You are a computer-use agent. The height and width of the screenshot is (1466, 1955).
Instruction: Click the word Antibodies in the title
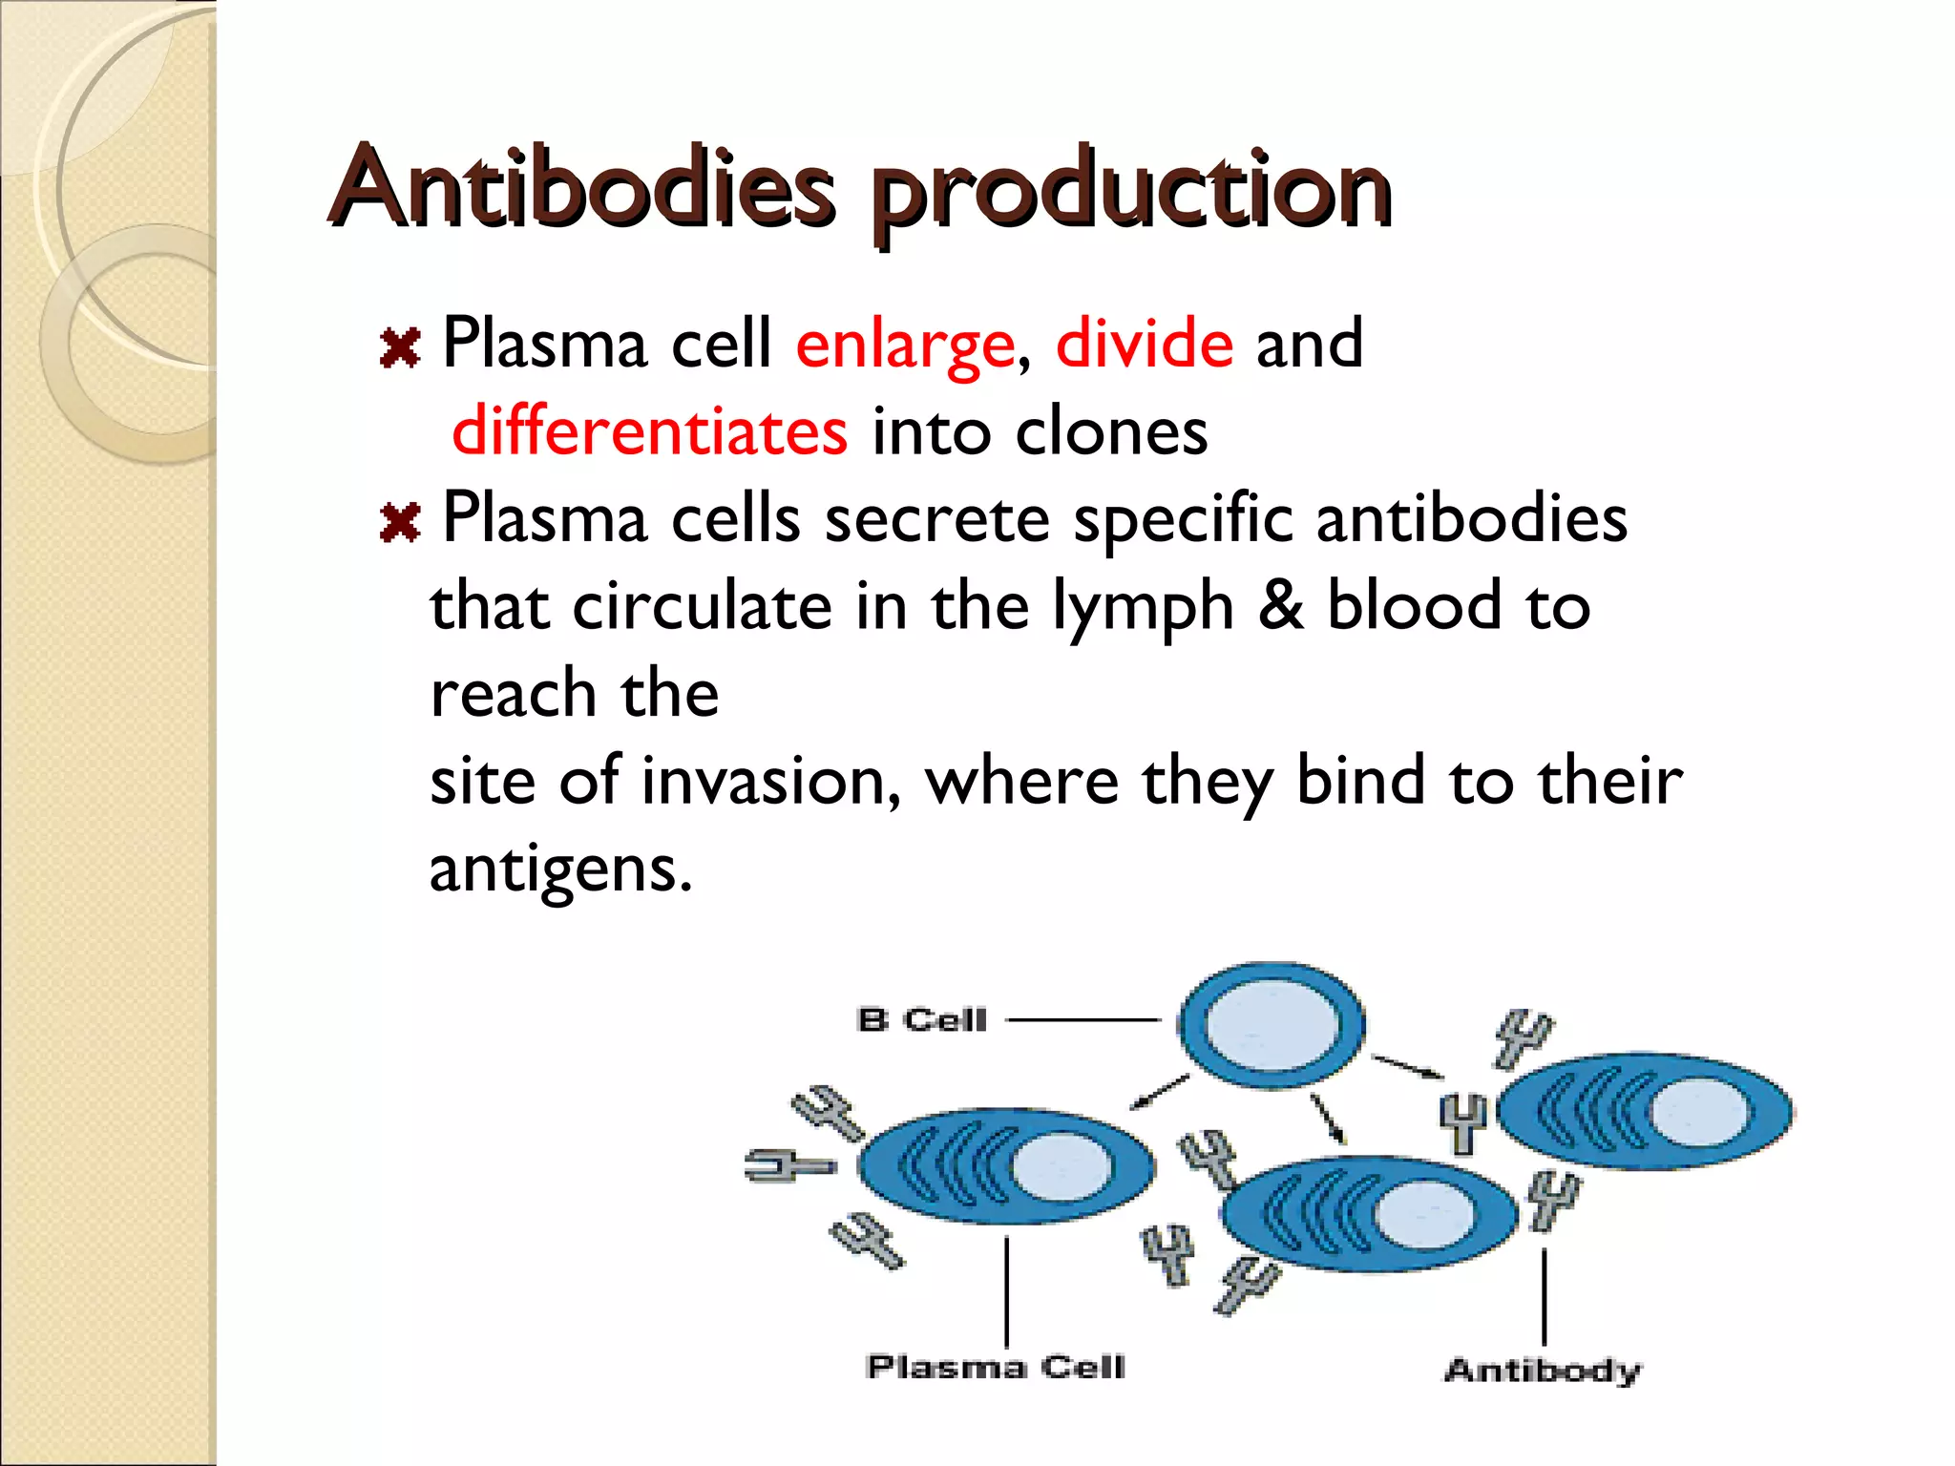point(582,187)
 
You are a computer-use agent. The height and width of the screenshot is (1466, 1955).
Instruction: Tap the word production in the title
point(1130,191)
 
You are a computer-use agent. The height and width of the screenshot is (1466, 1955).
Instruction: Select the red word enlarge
point(904,345)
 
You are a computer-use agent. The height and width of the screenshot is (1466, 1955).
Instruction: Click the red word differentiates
point(649,431)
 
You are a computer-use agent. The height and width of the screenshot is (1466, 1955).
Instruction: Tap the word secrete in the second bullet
point(936,520)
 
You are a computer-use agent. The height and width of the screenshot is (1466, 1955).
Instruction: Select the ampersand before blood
point(1280,606)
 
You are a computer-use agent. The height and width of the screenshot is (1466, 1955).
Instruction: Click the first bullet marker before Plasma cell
point(400,348)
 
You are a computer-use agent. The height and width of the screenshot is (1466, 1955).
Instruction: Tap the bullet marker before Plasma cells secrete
point(400,523)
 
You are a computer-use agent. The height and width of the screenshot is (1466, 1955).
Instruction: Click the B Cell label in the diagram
point(921,1020)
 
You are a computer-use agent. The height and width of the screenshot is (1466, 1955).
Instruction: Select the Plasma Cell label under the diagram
point(996,1367)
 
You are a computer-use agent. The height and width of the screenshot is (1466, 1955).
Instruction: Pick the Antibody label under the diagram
point(1543,1371)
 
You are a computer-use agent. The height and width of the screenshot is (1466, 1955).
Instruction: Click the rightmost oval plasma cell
point(1644,1112)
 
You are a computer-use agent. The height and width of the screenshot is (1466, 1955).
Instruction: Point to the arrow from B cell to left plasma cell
point(1160,1092)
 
